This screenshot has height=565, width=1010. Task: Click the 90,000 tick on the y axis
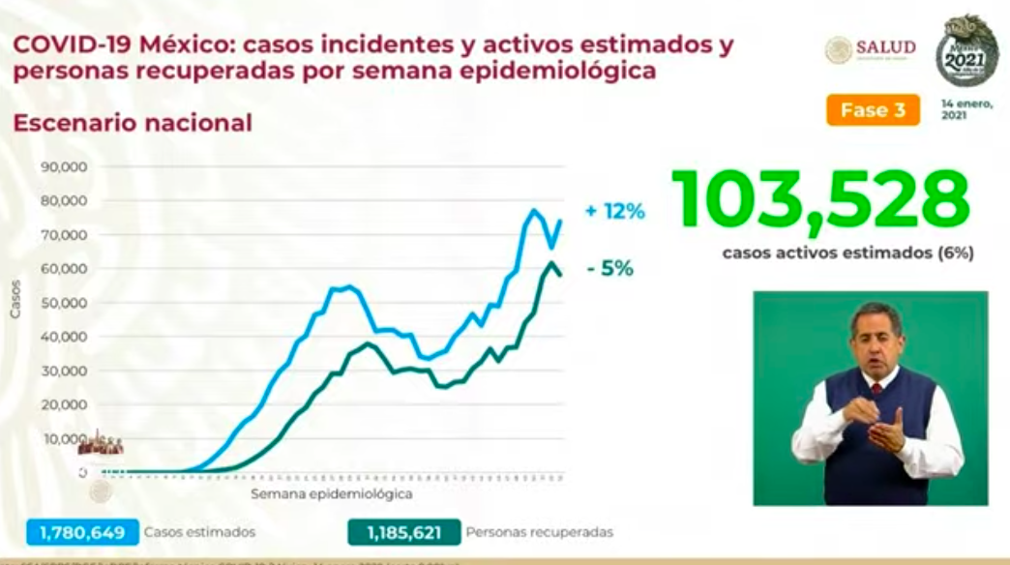[65, 166]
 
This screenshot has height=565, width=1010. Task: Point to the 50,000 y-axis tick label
[65, 303]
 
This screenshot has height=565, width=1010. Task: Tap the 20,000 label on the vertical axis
[65, 404]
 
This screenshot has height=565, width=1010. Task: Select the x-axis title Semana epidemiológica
[332, 493]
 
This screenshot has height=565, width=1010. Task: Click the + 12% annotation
[614, 211]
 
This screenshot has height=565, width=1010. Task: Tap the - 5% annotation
[609, 269]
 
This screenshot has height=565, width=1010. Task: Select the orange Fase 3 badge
[873, 110]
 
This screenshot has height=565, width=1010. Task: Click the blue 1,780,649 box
[83, 531]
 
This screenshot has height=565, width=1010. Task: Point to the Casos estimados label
[199, 532]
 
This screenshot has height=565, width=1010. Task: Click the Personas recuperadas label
[539, 532]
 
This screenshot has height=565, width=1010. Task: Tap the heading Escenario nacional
[132, 123]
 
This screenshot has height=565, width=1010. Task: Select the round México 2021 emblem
[966, 50]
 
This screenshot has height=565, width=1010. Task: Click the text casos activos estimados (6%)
[847, 253]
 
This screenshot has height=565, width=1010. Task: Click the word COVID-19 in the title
[69, 45]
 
